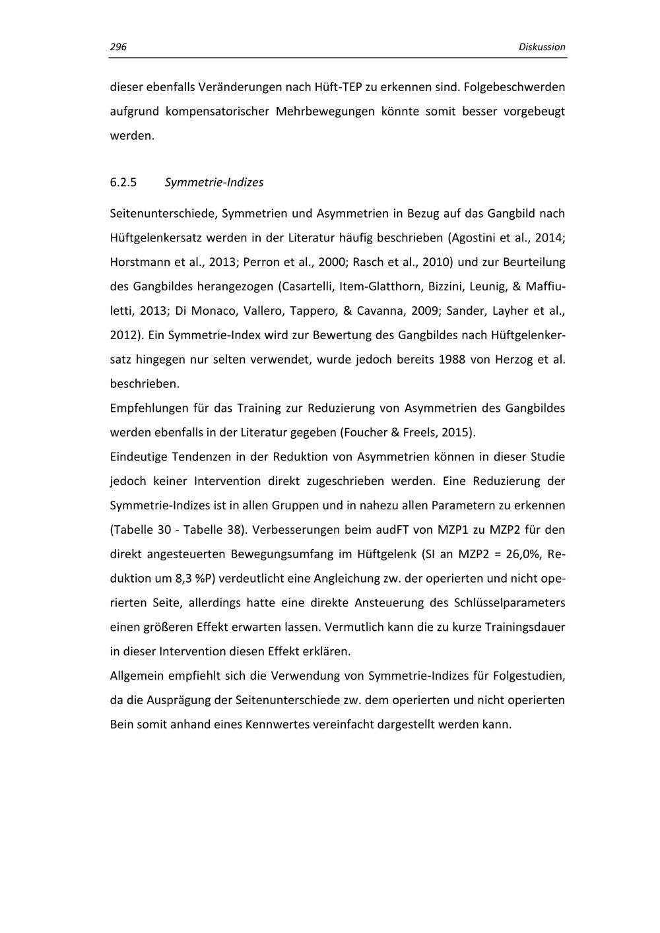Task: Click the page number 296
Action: [118, 47]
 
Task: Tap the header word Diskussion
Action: [542, 47]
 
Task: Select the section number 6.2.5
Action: [123, 183]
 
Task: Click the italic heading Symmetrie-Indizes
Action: [214, 183]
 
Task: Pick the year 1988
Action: [453, 360]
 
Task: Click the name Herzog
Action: [510, 360]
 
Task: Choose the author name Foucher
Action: [366, 433]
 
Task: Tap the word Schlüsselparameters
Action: [509, 603]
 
